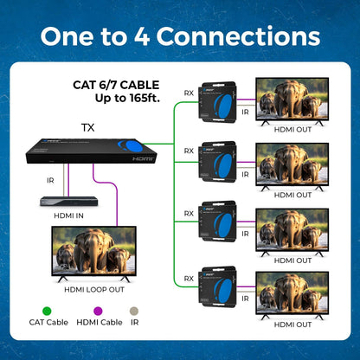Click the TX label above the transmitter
pos(87,127)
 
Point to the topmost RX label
pos(189,93)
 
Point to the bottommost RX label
pos(189,279)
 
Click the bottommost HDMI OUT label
pos(292,325)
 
